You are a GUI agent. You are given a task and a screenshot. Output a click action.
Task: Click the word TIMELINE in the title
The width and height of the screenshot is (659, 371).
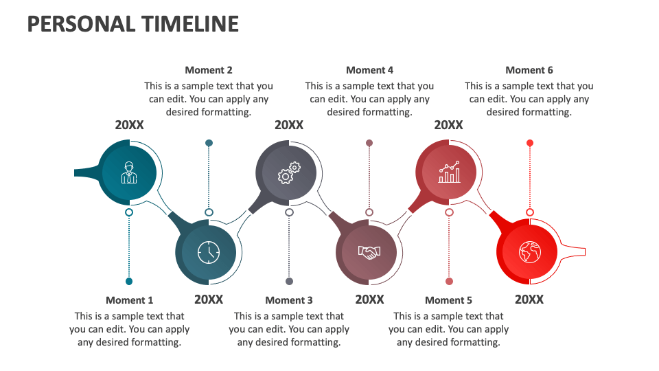point(190,24)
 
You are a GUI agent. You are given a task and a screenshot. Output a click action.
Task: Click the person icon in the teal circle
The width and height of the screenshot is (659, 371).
point(129,172)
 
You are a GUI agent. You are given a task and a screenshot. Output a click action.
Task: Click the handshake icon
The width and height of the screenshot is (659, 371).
point(369,253)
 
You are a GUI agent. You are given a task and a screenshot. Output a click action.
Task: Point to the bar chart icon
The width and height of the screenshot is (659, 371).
point(449,172)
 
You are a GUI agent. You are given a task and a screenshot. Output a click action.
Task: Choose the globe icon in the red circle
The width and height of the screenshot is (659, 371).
point(529,253)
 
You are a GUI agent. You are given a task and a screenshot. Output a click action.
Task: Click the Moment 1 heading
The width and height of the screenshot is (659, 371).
point(130,300)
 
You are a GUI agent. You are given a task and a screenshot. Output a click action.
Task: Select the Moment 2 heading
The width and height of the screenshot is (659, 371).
point(209,70)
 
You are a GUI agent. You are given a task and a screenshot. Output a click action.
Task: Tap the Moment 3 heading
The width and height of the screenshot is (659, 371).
point(289,300)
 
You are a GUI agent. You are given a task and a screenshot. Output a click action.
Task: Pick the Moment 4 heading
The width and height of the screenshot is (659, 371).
point(370,70)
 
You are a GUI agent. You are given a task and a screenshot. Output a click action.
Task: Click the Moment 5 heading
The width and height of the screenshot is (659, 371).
point(449,300)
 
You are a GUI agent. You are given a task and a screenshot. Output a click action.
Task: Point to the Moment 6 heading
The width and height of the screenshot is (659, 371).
point(529,70)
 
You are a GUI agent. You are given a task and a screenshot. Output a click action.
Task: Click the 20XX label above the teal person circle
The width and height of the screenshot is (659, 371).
point(129,125)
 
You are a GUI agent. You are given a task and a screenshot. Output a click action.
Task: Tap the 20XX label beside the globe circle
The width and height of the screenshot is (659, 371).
point(529,300)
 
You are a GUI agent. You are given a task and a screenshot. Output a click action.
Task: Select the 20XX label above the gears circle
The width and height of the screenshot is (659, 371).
point(289,125)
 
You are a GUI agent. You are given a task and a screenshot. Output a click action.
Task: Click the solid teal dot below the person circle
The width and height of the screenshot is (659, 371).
point(129,281)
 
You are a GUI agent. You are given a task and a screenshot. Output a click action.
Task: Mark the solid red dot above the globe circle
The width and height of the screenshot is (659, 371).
point(529,143)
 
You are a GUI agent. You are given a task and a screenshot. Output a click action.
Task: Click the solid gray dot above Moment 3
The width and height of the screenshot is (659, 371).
point(289,281)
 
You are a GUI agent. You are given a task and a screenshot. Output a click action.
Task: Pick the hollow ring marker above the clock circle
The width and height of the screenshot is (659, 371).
point(209,212)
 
